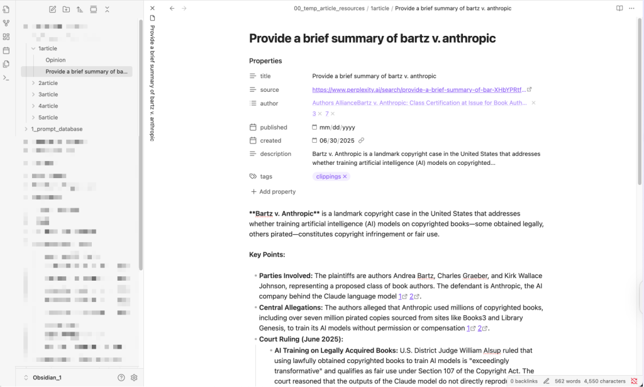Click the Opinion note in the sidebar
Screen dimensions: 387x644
coord(55,60)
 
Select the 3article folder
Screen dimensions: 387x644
coord(48,94)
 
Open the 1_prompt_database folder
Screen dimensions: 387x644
coord(57,129)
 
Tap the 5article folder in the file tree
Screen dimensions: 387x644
coord(48,118)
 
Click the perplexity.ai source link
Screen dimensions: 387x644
coord(418,90)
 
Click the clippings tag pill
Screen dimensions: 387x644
coord(328,177)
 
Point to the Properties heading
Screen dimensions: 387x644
coord(265,61)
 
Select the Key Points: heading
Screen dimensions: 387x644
coord(267,255)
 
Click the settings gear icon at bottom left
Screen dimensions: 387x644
coord(134,378)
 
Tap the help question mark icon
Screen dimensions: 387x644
coord(121,378)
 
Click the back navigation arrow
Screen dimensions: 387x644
coord(172,8)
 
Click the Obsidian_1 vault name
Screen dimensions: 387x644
coord(47,378)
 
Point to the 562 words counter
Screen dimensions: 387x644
coord(567,381)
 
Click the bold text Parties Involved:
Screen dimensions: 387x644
coord(286,276)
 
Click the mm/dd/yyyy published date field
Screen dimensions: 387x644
coord(338,128)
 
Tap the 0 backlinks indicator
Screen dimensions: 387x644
coord(524,381)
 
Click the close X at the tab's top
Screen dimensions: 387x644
coord(152,8)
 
